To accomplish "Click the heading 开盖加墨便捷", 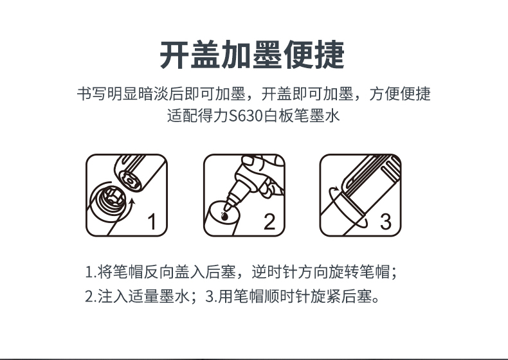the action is [x=252, y=55].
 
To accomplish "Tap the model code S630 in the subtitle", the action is [x=246, y=116].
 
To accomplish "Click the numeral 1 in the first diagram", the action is [x=152, y=222].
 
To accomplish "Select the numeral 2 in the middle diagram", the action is [x=269, y=222].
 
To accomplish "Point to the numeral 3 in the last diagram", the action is [x=386, y=222].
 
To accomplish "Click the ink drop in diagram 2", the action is [x=224, y=216].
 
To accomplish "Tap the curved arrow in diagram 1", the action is [x=128, y=211].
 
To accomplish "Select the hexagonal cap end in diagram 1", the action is [x=131, y=181].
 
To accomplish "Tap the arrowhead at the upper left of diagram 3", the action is [x=336, y=188].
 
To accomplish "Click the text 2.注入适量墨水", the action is [x=137, y=296].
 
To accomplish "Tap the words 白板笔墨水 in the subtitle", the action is [x=302, y=116].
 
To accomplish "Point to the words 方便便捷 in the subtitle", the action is [x=400, y=94].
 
